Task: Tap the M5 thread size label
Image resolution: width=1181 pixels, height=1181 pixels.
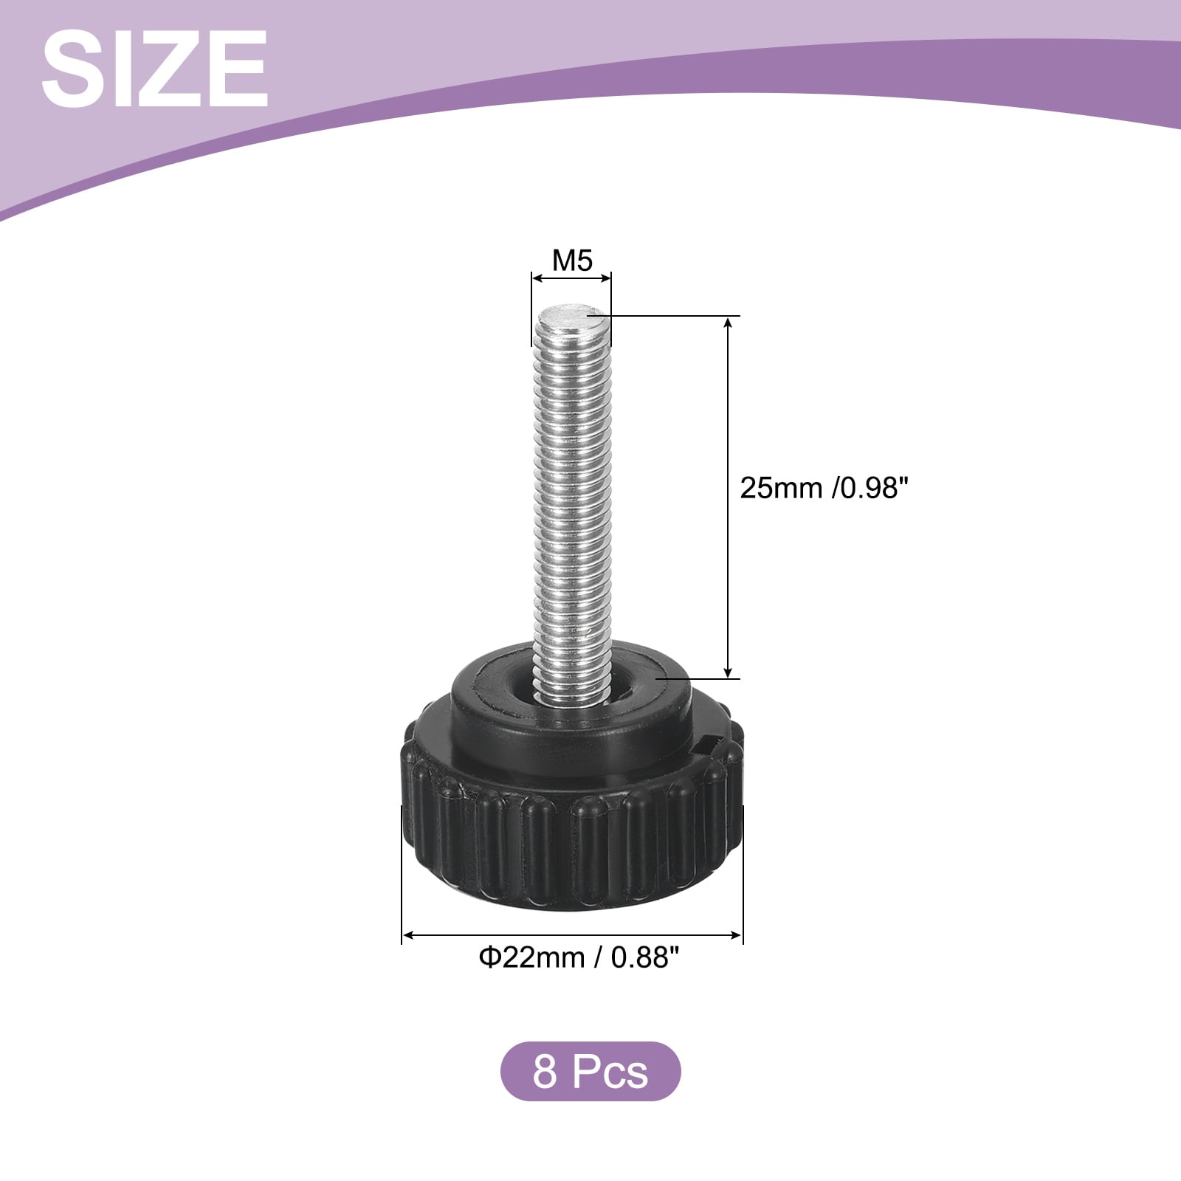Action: click(x=572, y=261)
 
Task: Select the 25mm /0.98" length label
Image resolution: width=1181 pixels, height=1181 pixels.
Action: click(x=822, y=488)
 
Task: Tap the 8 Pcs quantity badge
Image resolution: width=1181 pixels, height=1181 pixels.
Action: click(x=590, y=1071)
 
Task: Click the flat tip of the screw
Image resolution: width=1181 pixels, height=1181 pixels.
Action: click(x=573, y=318)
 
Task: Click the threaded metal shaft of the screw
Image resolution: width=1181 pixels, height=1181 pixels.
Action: click(x=573, y=502)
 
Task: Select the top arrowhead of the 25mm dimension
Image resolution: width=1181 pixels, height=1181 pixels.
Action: click(x=729, y=323)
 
